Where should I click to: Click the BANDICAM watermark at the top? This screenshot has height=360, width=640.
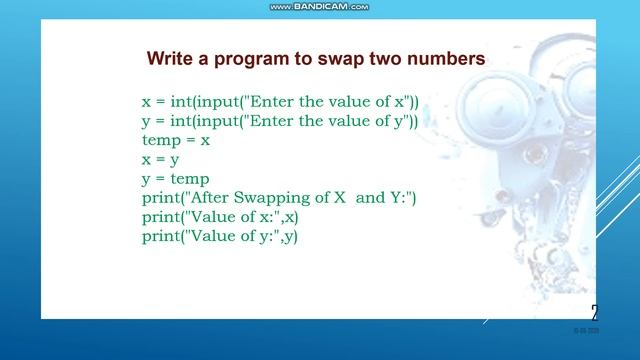320,7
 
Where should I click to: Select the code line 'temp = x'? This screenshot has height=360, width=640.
176,140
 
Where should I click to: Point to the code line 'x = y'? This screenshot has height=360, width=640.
160,159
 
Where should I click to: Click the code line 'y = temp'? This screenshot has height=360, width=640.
176,178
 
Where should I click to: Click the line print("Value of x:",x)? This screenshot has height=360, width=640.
220,217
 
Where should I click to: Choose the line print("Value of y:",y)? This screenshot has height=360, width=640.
220,236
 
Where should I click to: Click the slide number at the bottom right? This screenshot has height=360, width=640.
595,311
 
